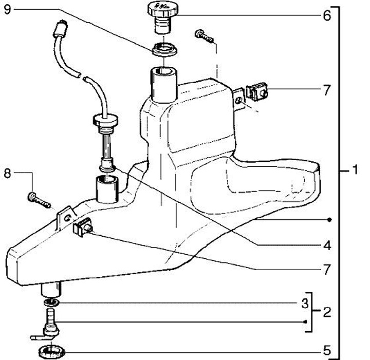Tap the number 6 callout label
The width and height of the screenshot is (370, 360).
click(x=326, y=15)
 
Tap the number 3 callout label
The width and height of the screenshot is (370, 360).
click(x=305, y=302)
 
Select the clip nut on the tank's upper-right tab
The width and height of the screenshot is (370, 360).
click(x=257, y=92)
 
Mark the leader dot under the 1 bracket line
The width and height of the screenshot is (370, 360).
click(x=329, y=220)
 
